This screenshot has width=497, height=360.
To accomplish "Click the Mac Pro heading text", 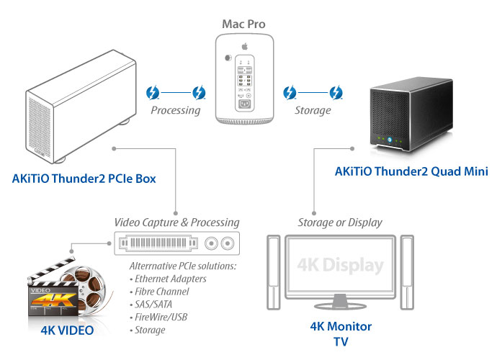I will click(x=243, y=24).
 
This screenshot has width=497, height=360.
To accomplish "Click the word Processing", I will click(x=175, y=110).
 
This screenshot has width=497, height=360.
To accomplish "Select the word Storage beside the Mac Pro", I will click(x=312, y=110).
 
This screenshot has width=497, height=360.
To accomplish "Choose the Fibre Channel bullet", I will click(x=160, y=291).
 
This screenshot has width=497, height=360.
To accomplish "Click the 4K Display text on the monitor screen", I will click(x=339, y=265).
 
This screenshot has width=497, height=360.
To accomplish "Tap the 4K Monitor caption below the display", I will click(x=340, y=327).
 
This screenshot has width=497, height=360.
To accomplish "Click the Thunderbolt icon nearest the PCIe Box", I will click(x=153, y=93).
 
